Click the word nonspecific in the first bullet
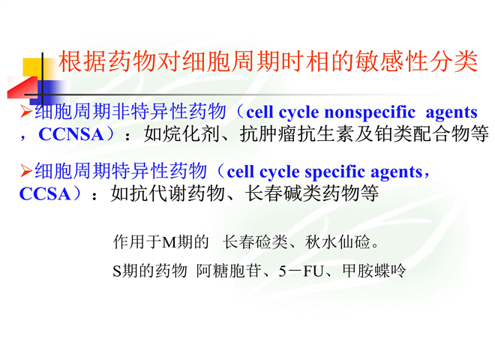click(370, 113)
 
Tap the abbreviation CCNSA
click(71, 134)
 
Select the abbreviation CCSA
click(45, 194)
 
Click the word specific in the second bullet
click(335, 172)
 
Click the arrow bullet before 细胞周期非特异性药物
click(26, 112)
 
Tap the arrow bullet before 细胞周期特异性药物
click(26, 171)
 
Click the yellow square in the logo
click(33, 67)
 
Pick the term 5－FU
click(301, 271)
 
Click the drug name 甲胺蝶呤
click(374, 271)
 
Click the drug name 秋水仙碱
click(337, 242)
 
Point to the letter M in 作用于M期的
click(169, 242)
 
